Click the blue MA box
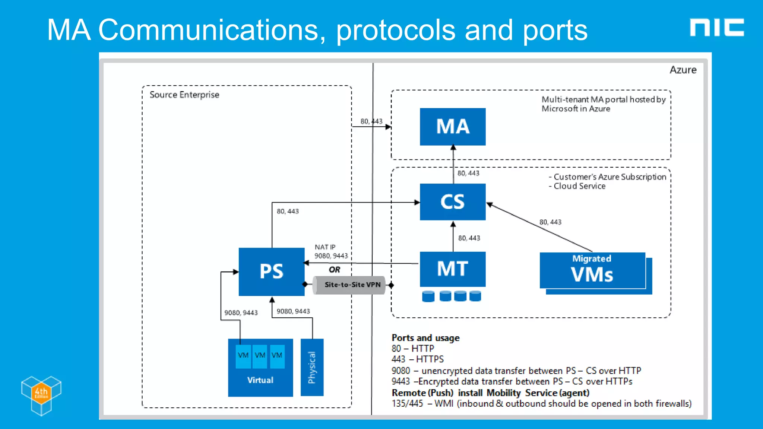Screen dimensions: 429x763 [x=452, y=127]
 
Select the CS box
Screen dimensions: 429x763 [x=452, y=202]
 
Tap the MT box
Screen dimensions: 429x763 [x=452, y=269]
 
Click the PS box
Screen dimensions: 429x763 [x=271, y=271]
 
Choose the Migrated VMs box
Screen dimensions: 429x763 [x=592, y=271]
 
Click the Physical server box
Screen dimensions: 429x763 [x=312, y=367]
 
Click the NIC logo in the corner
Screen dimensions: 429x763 [x=716, y=28]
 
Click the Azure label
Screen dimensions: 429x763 [x=683, y=70]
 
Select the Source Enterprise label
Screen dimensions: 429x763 [x=184, y=95]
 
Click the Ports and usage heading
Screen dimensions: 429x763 [x=425, y=338]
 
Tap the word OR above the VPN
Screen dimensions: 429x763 [x=334, y=270]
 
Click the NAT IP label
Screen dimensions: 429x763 [x=324, y=247]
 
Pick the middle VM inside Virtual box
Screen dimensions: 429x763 [x=260, y=356]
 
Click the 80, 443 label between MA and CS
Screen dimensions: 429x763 [x=468, y=173]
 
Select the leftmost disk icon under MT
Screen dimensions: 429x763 [x=428, y=296]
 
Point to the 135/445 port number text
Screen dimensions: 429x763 [x=407, y=404]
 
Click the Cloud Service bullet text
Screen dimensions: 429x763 [x=579, y=186]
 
